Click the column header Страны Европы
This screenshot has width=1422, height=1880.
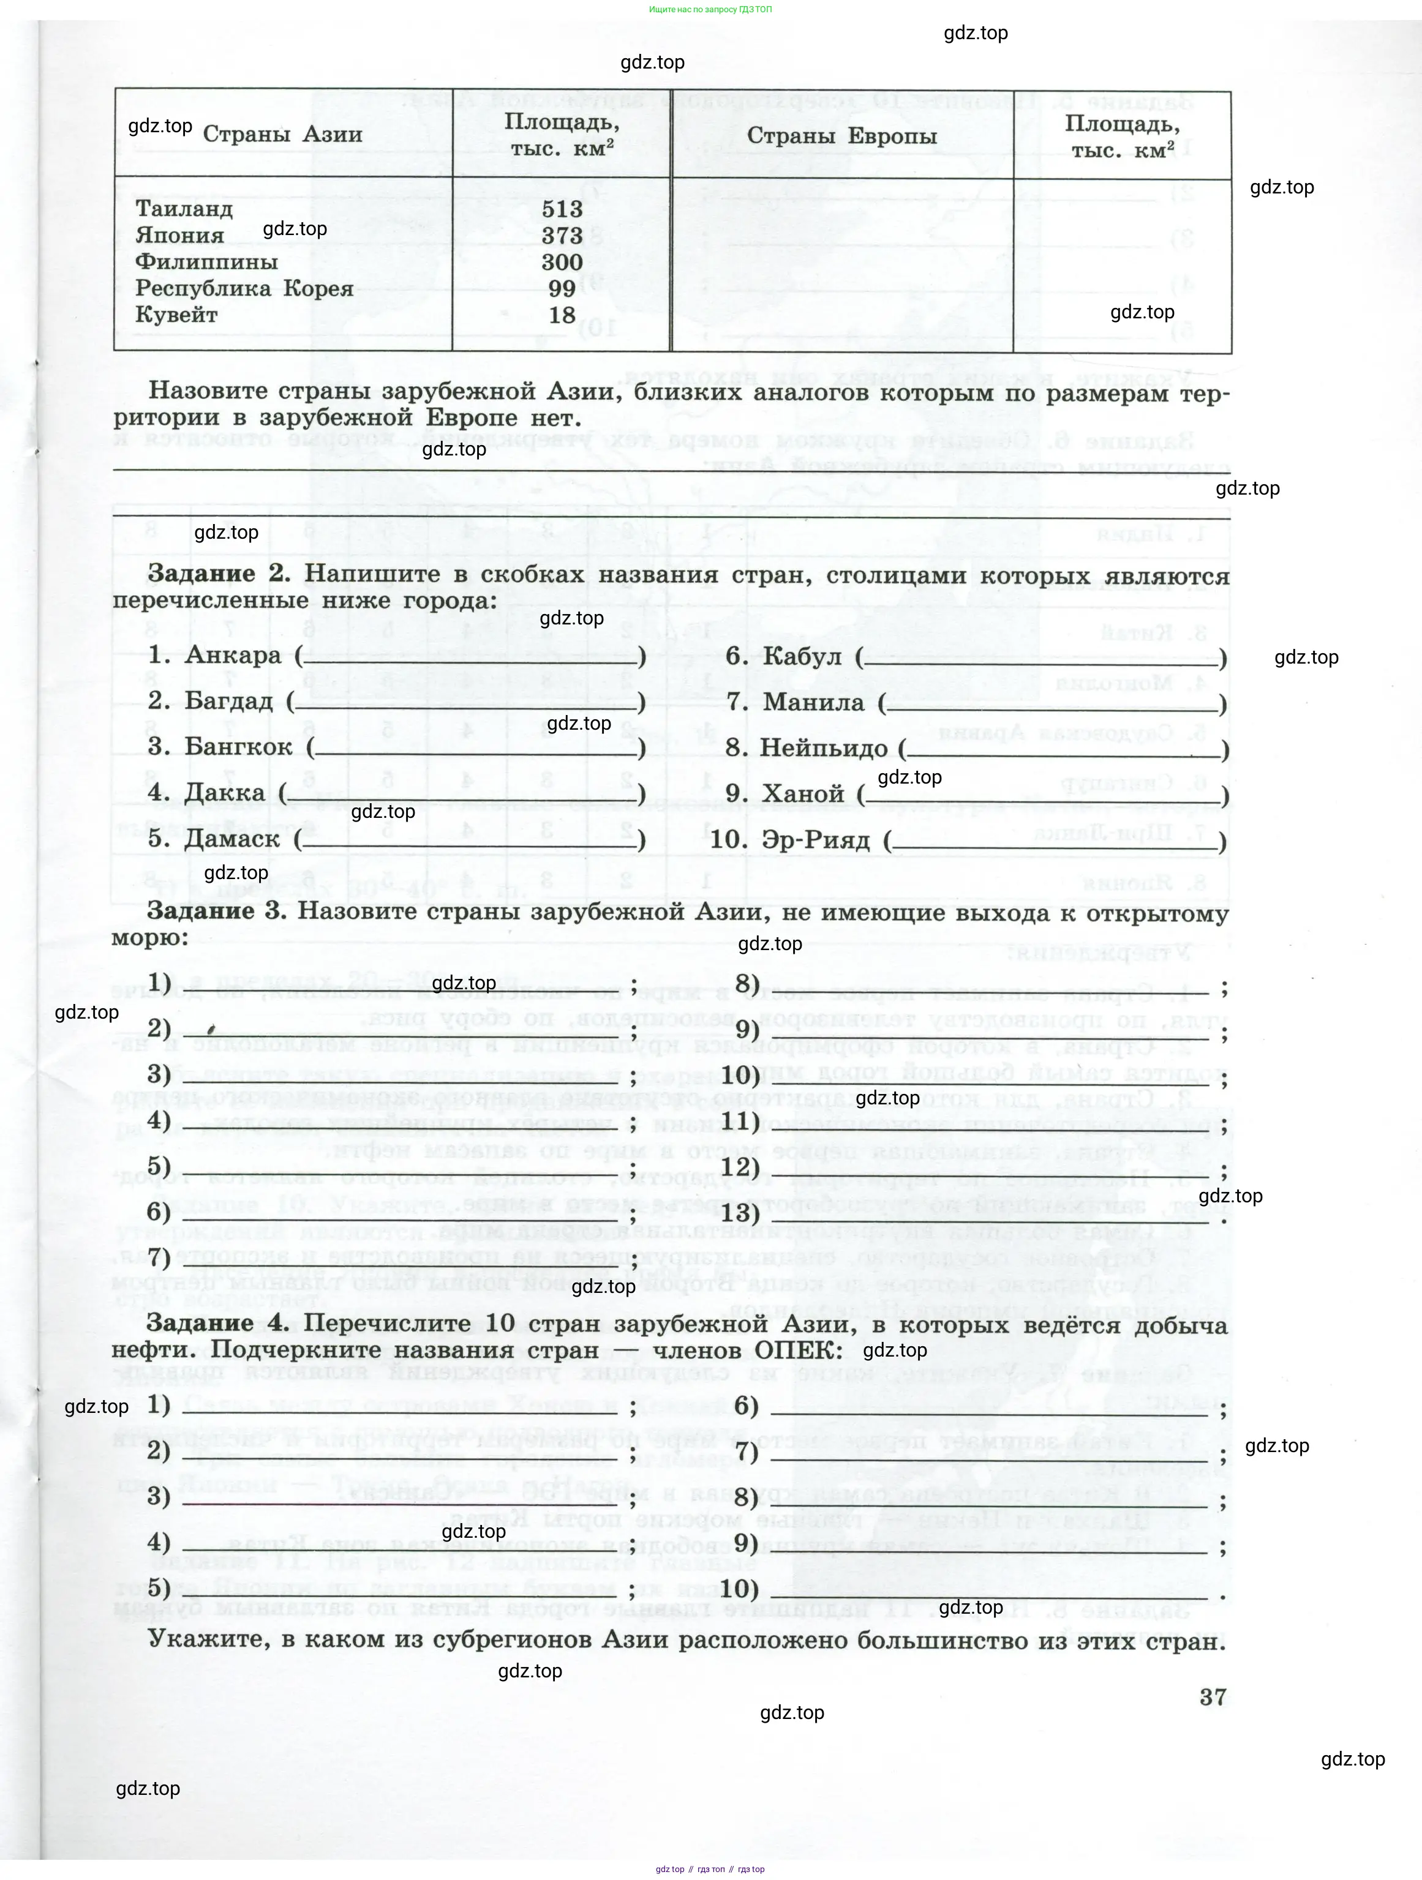841,136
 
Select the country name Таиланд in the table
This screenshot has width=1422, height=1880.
184,209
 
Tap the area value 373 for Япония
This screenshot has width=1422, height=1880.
562,236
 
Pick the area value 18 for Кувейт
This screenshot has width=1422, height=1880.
562,315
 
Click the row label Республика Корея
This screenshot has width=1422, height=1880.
244,289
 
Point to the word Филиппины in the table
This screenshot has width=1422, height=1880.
206,262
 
